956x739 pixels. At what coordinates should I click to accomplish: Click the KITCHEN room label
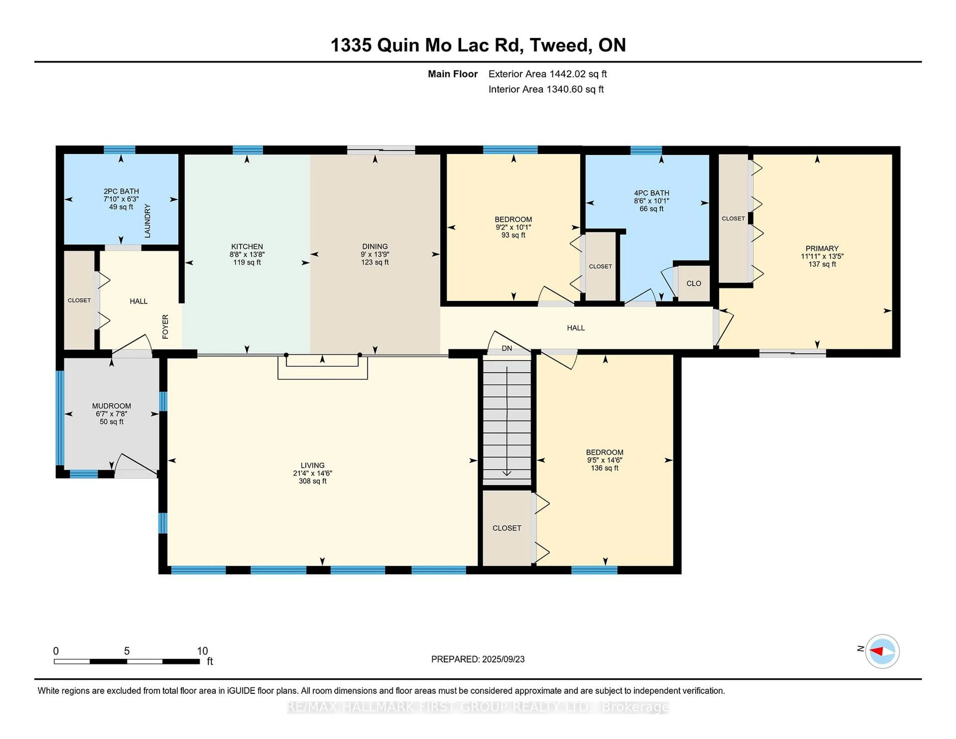click(x=247, y=246)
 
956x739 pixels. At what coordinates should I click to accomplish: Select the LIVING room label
click(x=312, y=465)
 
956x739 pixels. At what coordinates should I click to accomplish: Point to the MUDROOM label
click(x=111, y=406)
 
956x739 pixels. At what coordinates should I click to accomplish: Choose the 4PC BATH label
click(x=651, y=193)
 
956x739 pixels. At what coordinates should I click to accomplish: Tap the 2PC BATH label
click(x=121, y=191)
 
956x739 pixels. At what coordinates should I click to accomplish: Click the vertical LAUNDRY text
click(x=148, y=221)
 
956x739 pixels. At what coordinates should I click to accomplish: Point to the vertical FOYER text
click(x=165, y=327)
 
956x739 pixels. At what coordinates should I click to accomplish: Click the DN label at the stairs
click(x=507, y=349)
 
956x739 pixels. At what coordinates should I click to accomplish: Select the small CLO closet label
click(x=694, y=283)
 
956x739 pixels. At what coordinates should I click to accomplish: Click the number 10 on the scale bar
click(x=202, y=651)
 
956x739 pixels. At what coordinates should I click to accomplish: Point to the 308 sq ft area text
click(x=312, y=481)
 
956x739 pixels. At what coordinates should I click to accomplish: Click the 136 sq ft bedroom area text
click(x=604, y=468)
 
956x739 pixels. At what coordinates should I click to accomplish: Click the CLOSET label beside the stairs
click(x=507, y=528)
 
